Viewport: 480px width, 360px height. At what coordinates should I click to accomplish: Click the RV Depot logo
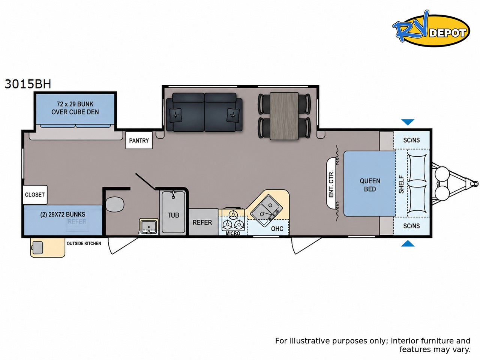coord(431,28)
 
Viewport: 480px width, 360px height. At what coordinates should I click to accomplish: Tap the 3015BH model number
coord(28,84)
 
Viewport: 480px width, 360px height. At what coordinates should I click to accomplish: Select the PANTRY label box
coord(139,140)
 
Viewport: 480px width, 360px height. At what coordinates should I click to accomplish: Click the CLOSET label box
coord(35,195)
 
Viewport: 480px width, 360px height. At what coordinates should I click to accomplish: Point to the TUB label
coord(173,215)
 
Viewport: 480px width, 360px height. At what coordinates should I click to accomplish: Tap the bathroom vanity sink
coord(149,226)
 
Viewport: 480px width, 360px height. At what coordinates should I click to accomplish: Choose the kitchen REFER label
coord(202,222)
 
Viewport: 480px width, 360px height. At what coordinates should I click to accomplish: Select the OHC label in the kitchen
coord(277,229)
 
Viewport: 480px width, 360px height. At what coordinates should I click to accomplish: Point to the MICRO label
coord(233,234)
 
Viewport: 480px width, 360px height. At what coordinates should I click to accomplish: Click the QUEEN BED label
coord(370,185)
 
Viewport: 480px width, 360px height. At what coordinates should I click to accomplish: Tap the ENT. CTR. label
coord(331,184)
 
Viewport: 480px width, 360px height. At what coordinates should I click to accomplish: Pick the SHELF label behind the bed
coord(401,184)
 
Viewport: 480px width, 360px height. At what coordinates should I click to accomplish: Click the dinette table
coord(284,116)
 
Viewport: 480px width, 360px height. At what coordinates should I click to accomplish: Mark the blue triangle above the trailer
coord(408,122)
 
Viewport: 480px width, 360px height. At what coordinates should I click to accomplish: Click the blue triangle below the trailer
coord(408,243)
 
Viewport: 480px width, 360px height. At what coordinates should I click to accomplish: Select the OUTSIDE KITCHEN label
coord(84,243)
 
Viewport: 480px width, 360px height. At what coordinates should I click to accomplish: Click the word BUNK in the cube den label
coord(85,104)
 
